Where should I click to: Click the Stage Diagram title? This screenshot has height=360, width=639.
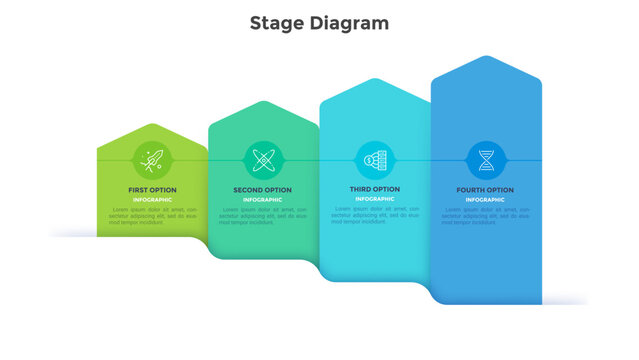319,23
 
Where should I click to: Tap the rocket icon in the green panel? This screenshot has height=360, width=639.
152,158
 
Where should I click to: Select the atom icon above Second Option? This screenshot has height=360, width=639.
263,158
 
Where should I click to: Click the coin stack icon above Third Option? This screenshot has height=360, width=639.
374,158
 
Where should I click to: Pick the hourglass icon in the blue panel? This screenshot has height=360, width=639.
486,158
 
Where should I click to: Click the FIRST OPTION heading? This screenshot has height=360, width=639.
152,189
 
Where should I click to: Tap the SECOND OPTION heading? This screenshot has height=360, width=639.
263,189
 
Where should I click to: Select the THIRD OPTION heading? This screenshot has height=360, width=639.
374,189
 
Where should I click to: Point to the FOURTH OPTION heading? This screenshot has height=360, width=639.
486,190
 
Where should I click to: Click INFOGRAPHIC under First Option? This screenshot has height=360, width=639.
152,200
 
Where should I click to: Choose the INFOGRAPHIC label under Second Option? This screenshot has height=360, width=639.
263,200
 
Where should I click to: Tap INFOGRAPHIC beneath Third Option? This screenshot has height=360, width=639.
374,200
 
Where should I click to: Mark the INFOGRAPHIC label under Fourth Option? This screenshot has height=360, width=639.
486,200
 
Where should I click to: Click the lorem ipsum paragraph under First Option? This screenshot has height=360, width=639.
152,216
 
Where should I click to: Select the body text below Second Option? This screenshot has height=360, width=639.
263,216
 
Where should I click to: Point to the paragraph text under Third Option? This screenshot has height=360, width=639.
374,216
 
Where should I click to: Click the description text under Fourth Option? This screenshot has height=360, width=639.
486,216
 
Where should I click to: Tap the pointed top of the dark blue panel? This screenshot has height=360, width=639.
486,59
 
